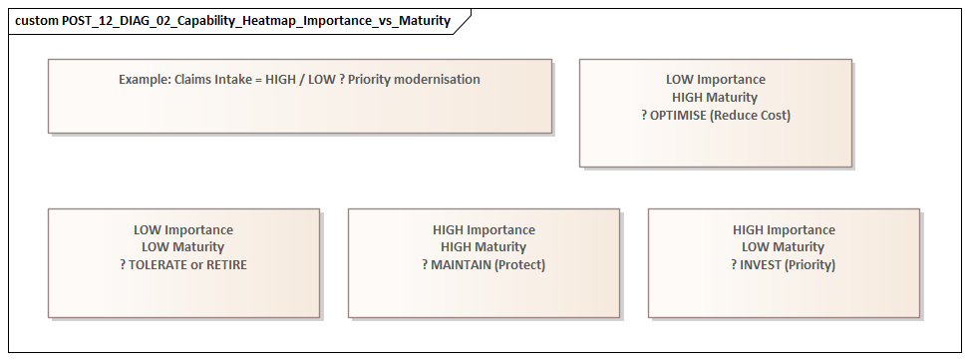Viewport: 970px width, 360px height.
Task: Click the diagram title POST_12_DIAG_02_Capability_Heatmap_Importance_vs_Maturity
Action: (x=256, y=21)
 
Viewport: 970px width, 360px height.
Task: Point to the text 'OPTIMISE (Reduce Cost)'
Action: (x=721, y=116)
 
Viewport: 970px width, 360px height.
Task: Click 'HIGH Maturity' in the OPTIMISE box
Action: (x=715, y=98)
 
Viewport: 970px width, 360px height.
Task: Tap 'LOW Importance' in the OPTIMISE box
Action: (x=715, y=80)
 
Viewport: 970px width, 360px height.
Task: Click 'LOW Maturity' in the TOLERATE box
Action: (x=183, y=247)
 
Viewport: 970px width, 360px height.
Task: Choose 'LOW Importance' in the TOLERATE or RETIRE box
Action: (x=183, y=229)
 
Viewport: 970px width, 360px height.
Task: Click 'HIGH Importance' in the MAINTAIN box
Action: (x=484, y=229)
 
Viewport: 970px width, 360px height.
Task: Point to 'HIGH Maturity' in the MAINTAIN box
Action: (x=484, y=247)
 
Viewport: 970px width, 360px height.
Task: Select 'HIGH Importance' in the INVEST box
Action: (x=784, y=229)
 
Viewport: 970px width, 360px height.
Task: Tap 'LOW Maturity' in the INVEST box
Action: (x=784, y=247)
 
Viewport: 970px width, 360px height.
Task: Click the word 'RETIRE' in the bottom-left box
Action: (x=224, y=265)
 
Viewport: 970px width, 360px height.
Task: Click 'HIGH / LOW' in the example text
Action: (x=302, y=80)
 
